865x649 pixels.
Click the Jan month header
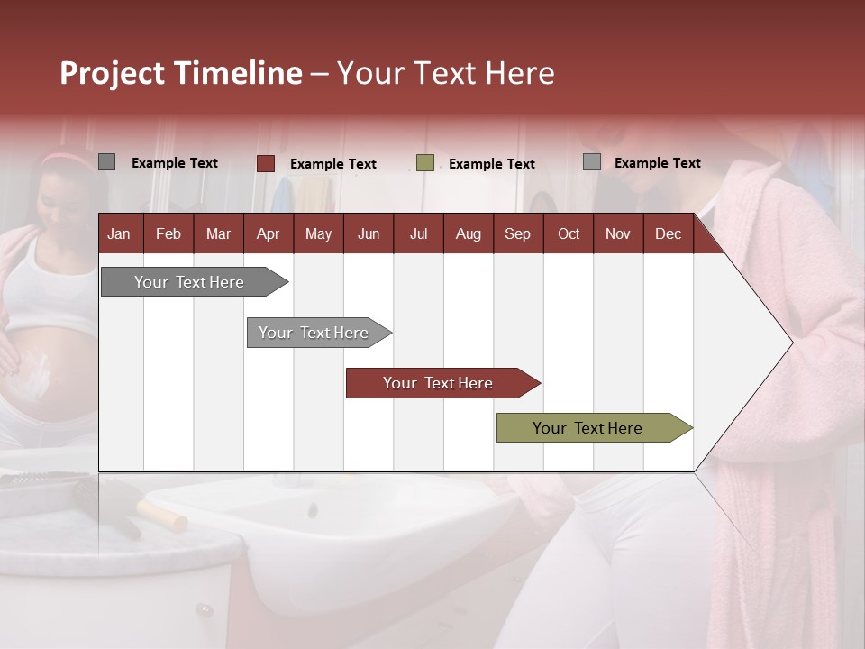pos(119,233)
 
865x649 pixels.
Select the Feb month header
pos(168,233)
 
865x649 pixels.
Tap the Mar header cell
pos(218,233)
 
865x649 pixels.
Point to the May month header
pos(318,233)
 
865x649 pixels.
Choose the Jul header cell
pos(418,233)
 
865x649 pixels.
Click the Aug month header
pos(468,233)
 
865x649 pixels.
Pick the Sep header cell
pos(517,233)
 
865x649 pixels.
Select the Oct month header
pos(569,233)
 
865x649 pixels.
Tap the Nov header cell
pos(618,233)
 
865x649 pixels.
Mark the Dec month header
pos(668,233)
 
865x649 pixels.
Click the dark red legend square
pos(265,163)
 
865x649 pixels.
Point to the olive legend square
pos(425,163)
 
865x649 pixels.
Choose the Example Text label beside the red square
pos(333,164)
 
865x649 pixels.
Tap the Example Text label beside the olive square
pos(492,164)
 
